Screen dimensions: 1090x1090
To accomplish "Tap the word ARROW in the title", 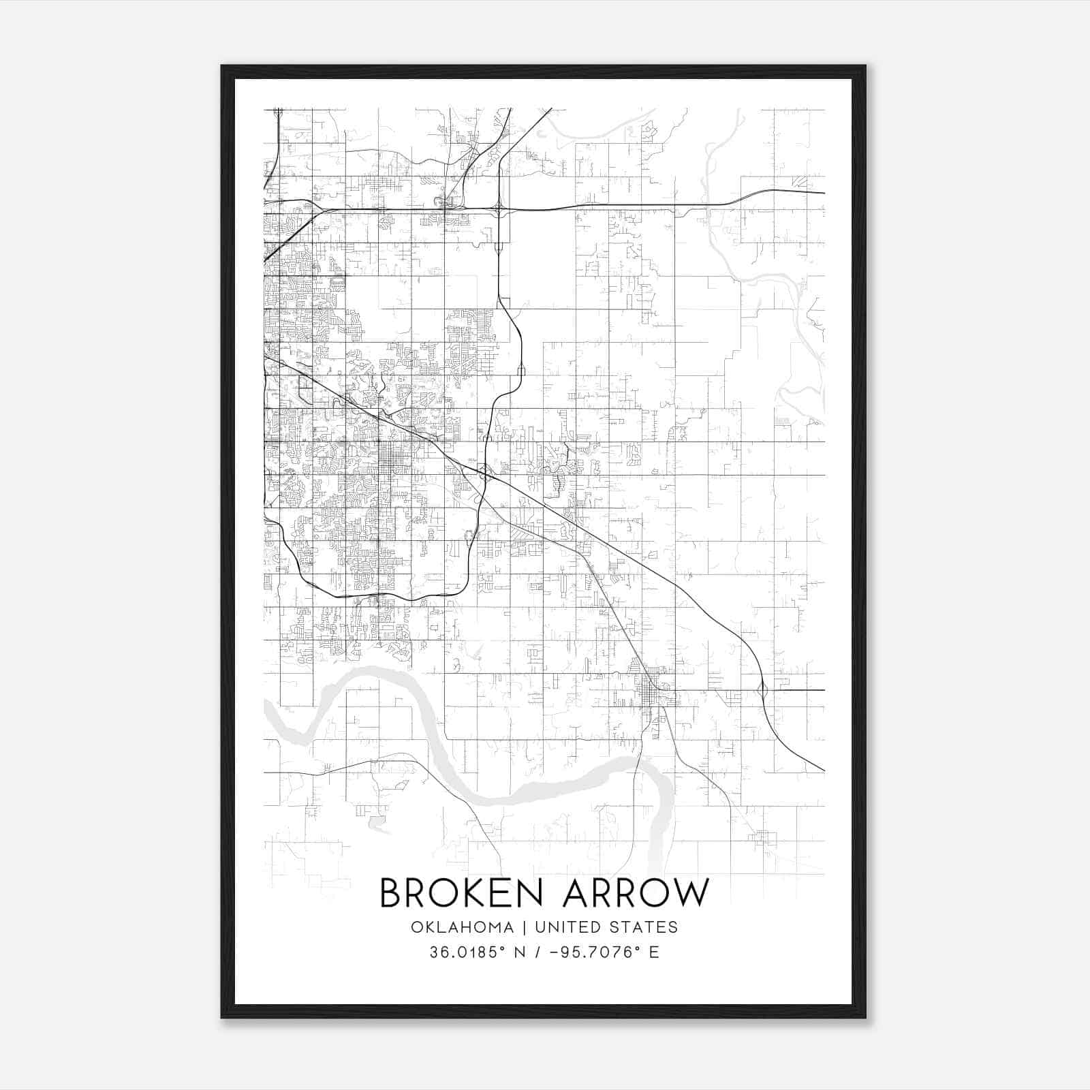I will (x=636, y=893).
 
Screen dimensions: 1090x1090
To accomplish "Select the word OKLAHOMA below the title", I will (x=462, y=927).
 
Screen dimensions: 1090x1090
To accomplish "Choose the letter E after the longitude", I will (x=654, y=952).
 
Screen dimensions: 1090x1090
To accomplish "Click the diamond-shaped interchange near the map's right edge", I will (x=762, y=690).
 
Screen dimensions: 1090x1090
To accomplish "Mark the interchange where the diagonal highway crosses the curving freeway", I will (x=483, y=471).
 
